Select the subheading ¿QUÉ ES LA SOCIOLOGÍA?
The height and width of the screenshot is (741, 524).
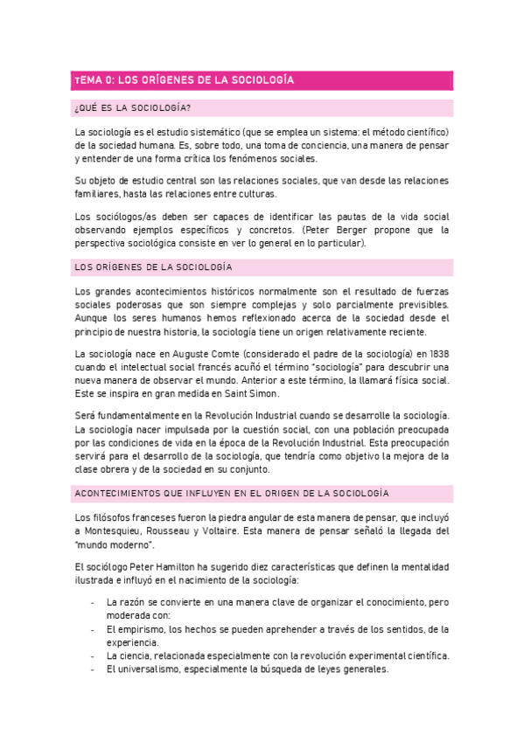tap(133, 108)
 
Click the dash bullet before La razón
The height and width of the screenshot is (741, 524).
tap(94, 602)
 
